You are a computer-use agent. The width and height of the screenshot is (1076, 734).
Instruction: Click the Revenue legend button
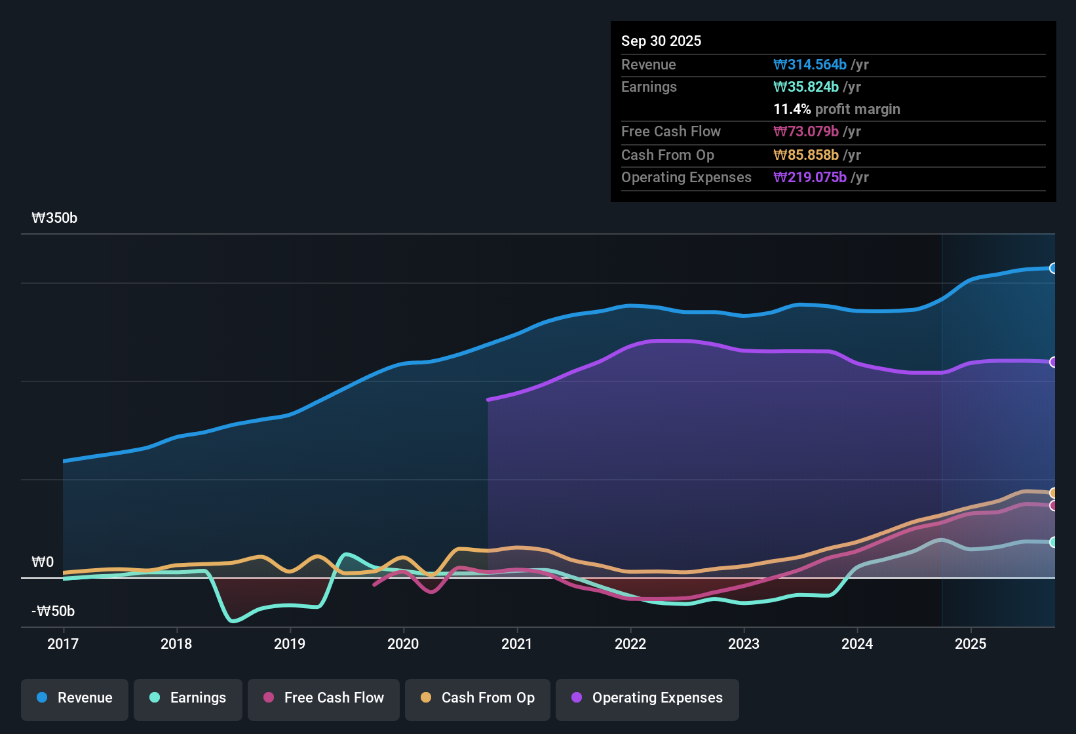click(75, 698)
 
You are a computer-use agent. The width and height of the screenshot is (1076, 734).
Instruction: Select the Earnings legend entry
click(188, 698)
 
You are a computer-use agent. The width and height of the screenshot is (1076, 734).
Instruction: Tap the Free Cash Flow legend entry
click(324, 698)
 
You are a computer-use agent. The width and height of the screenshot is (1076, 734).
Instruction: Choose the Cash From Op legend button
click(478, 698)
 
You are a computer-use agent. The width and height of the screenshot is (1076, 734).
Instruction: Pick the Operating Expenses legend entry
click(647, 698)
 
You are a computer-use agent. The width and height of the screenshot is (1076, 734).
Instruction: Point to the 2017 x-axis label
click(63, 644)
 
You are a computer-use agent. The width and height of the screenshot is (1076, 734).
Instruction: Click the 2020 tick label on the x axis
click(403, 644)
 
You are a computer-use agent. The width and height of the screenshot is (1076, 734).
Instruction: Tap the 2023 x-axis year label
click(744, 644)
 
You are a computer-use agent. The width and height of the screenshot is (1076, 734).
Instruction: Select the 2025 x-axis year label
click(970, 644)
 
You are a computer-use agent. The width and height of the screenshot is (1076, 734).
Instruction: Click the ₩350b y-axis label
click(54, 218)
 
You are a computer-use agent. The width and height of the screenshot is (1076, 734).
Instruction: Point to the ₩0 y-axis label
click(43, 562)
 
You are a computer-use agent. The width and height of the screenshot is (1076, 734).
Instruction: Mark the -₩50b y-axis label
click(53, 611)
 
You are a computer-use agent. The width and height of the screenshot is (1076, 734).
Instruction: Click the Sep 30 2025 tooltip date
click(661, 41)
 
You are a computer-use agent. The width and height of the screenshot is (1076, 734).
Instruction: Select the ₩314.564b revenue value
click(810, 65)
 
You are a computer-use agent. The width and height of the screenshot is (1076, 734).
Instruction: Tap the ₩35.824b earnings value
click(806, 87)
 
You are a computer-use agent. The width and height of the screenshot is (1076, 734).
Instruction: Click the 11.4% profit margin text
click(837, 109)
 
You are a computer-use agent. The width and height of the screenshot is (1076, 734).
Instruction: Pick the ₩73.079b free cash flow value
click(806, 132)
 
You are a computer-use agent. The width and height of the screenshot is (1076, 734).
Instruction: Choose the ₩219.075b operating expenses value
click(810, 178)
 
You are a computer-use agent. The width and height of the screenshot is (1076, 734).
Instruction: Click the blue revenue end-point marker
click(1053, 268)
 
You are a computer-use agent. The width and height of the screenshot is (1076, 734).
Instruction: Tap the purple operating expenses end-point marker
click(1053, 362)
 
